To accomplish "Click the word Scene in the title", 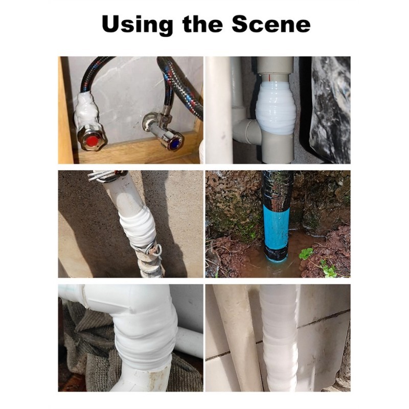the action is tap(271, 24).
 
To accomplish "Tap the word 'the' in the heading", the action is tap(202, 24).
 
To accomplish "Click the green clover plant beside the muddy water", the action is tap(306, 254).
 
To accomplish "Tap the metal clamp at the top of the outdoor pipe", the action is tap(107, 176).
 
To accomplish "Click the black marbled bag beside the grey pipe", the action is tap(330, 109).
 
